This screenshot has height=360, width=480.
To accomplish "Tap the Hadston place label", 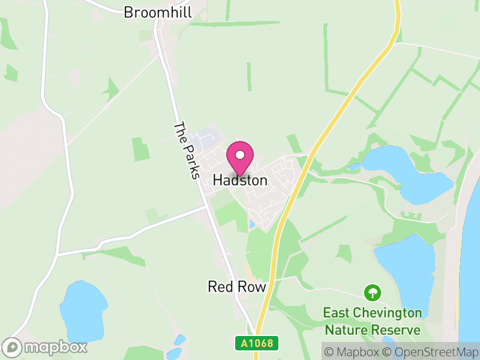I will click(240, 180).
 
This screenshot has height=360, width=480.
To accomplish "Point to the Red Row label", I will click(236, 287).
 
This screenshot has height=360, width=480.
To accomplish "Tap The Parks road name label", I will click(186, 151).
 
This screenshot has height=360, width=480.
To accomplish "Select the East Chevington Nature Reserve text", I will click(373, 322).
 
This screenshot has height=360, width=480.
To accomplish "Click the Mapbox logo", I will click(46, 347).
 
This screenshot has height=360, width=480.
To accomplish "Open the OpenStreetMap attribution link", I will click(430, 352).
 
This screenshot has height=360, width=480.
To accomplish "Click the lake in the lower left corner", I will click(83, 311).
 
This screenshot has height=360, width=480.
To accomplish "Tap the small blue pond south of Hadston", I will click(251, 224).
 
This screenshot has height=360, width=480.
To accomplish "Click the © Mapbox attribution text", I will click(353, 352).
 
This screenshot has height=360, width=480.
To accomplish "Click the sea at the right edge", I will click(472, 252).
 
